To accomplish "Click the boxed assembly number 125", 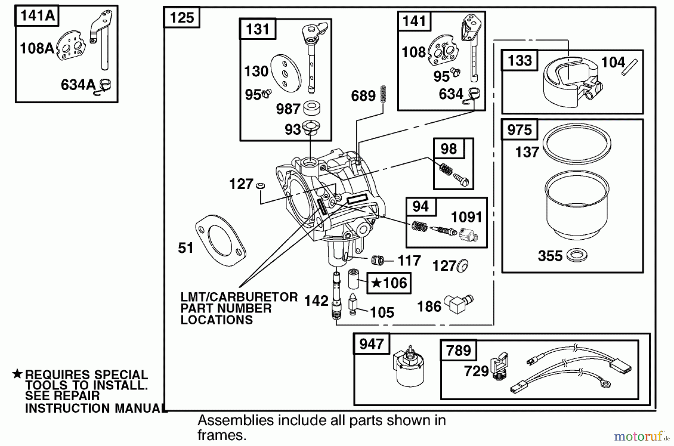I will [182, 18].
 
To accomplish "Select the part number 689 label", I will [363, 96].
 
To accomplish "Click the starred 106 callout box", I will [389, 283].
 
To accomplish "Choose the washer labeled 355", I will [577, 256].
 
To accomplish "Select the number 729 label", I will [476, 371].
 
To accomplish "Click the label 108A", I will [37, 48].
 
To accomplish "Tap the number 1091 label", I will [466, 217].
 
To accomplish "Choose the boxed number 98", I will [449, 149].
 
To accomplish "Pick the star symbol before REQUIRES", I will [17, 374].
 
